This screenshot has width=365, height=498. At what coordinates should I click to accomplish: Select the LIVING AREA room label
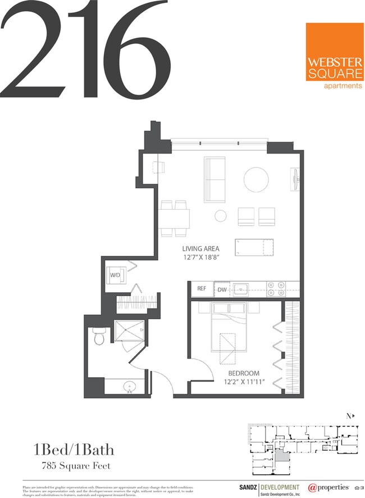coord(200,248)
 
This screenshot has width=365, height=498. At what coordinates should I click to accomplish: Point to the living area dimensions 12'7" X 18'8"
coord(200,258)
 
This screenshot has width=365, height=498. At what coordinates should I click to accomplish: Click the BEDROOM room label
coord(243,373)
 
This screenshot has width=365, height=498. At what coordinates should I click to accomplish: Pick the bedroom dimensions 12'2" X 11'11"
coord(243,383)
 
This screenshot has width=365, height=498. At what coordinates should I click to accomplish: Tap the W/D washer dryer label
coord(115,275)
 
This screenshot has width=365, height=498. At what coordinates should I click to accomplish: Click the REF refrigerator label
coord(202,289)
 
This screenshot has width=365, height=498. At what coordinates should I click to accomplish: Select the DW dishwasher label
coord(222,289)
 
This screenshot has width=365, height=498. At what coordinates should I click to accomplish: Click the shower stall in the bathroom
coord(129,333)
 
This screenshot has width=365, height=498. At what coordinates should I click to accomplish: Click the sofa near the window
coord(214,176)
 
